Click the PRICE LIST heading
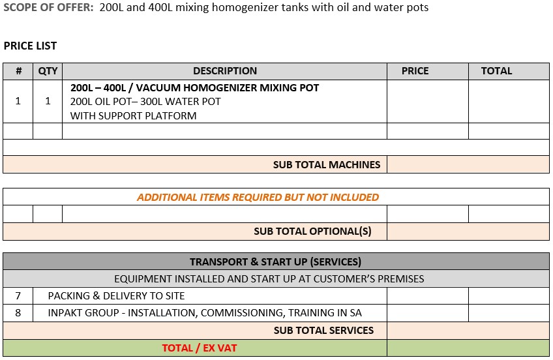[x=30, y=46]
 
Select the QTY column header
[x=48, y=71]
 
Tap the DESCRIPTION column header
[x=225, y=71]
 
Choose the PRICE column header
[x=415, y=71]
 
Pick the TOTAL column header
[x=496, y=71]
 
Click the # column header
[x=18, y=71]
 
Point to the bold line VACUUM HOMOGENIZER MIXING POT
[x=195, y=87]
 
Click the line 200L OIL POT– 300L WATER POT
[x=145, y=102]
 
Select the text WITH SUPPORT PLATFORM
[x=133, y=116]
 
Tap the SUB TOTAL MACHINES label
[x=326, y=165]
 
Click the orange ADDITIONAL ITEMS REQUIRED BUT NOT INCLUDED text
[x=258, y=197]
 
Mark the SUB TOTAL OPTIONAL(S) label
[x=312, y=232]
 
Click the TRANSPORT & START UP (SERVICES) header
[x=275, y=262]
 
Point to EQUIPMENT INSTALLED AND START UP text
[x=269, y=279]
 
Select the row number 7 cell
[x=18, y=296]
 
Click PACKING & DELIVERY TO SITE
[x=116, y=296]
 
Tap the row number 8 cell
[x=18, y=313]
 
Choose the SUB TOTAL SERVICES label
[x=323, y=331]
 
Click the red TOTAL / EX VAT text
[x=200, y=348]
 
